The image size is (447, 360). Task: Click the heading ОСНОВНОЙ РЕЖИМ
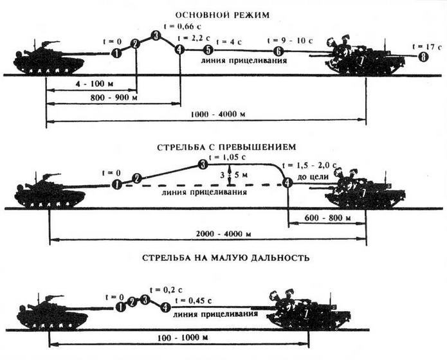pyautogui.click(x=223, y=15)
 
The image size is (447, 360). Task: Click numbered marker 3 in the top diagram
pyautogui.click(x=156, y=36)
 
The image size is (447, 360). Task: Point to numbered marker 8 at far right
pyautogui.click(x=423, y=58)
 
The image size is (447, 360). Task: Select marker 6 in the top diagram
pyautogui.click(x=278, y=51)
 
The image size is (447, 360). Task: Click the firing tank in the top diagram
pyautogui.click(x=49, y=59)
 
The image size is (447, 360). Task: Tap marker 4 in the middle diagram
pyautogui.click(x=287, y=183)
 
